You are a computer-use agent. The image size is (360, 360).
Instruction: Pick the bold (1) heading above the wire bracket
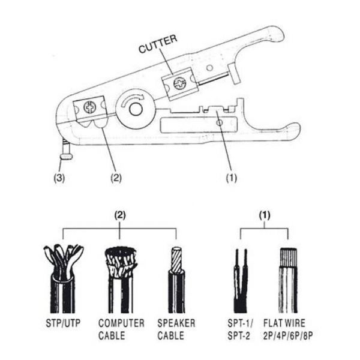(x=264, y=215)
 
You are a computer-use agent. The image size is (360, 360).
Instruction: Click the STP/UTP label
(x=62, y=323)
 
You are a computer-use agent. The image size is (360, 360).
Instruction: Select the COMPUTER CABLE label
(x=121, y=328)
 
